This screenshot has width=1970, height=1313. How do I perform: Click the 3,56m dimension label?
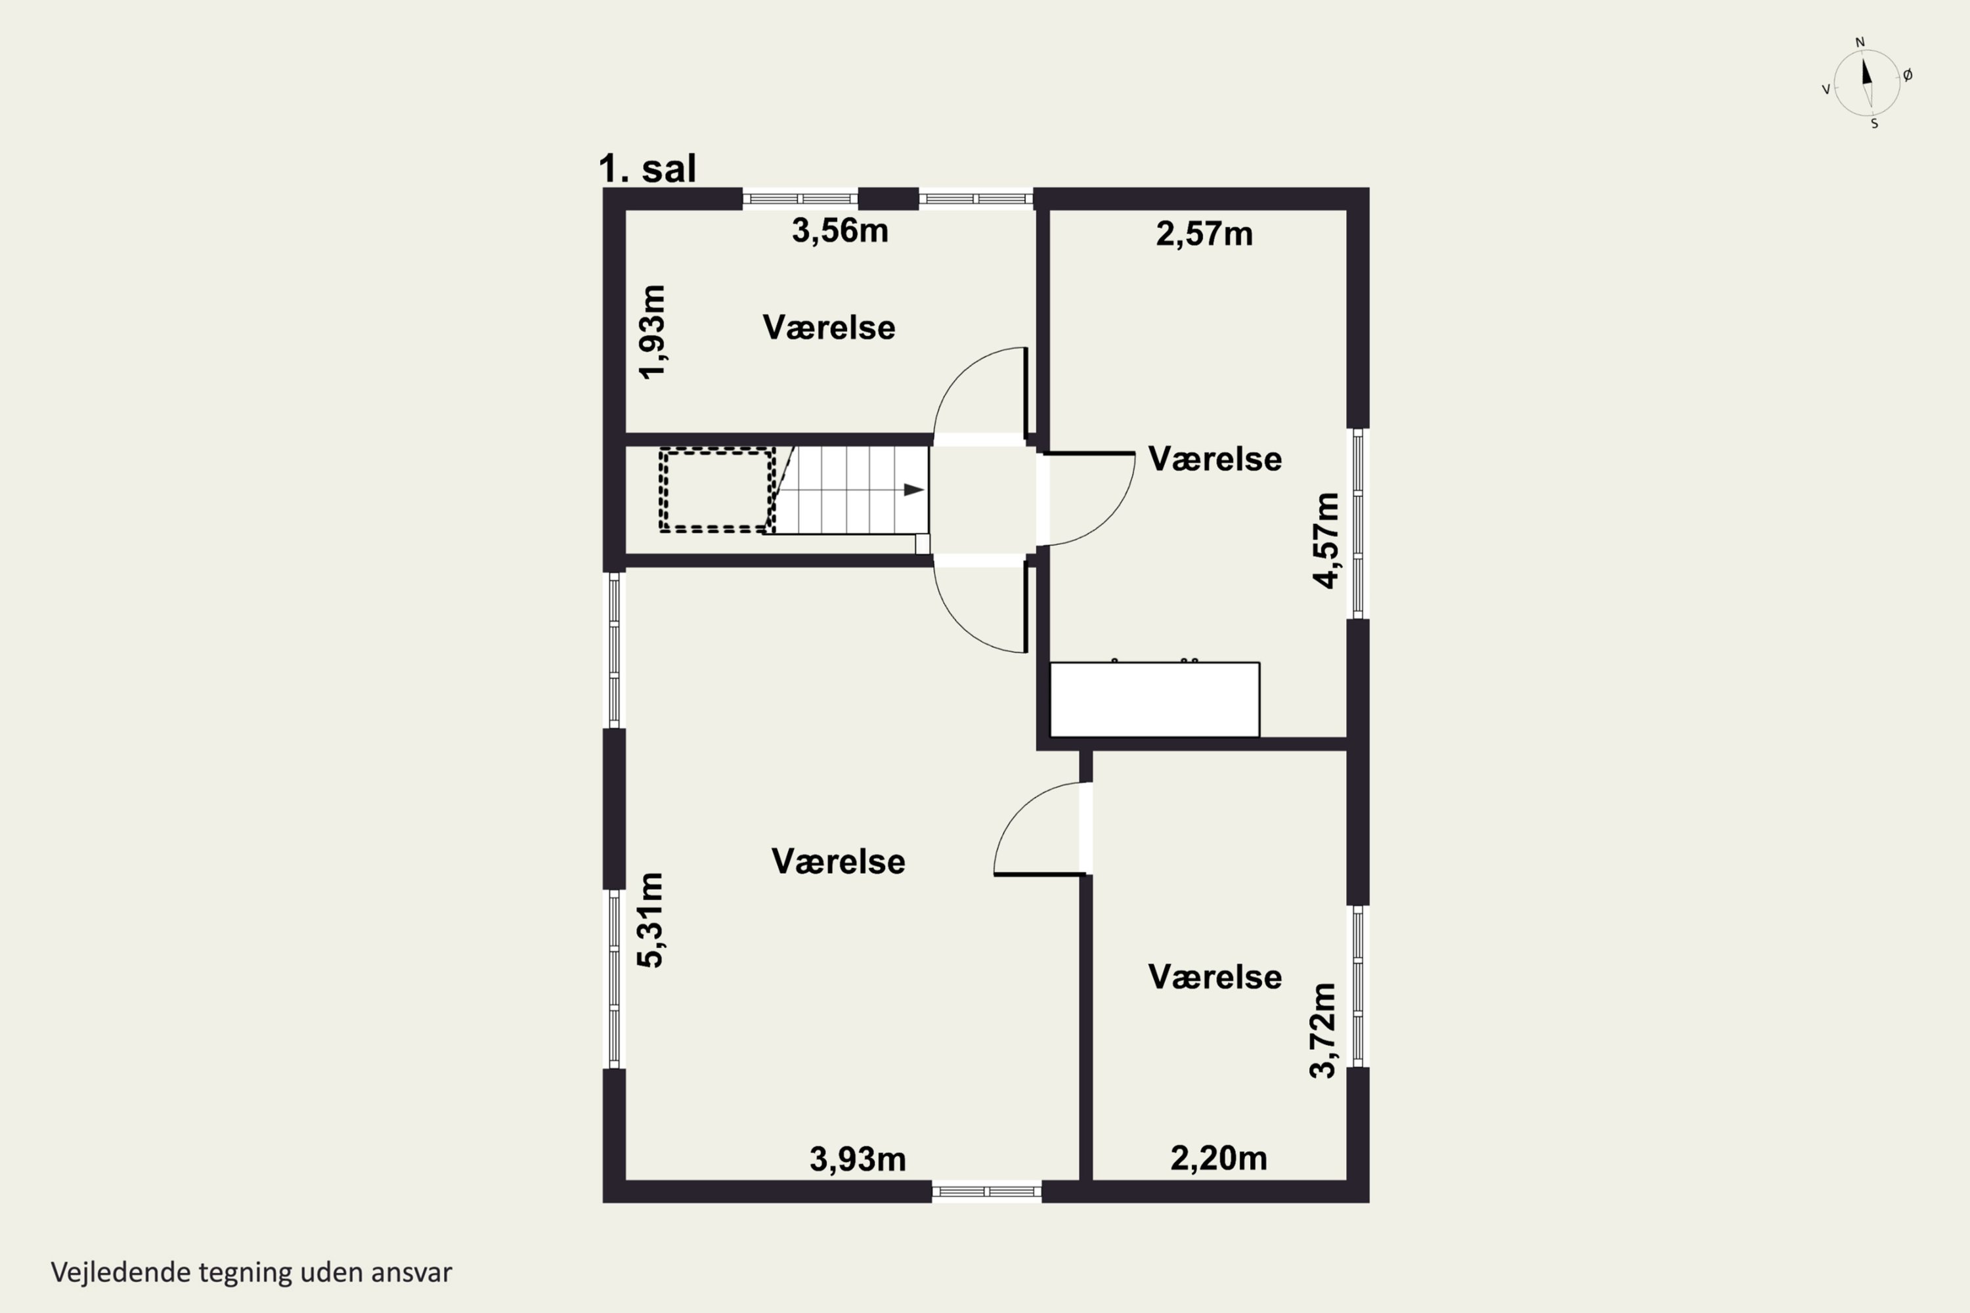coord(840,230)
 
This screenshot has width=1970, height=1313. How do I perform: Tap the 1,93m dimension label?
coord(653,332)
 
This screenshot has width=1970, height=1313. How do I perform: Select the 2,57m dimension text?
coord(1204,234)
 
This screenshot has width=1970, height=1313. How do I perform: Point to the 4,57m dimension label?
coord(1326,541)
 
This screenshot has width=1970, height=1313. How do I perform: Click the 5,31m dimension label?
coord(650,920)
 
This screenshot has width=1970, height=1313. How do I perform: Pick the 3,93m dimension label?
coord(858,1159)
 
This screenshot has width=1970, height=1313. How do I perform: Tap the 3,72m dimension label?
coord(1323,1030)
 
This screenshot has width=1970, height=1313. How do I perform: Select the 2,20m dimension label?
coord(1219,1158)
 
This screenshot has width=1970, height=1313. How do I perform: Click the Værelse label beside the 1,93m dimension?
coord(829,328)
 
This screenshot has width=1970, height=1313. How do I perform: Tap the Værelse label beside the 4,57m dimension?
coord(1214,459)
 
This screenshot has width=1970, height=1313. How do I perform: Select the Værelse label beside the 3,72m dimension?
coord(1214,978)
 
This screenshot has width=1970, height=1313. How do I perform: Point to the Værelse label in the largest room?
coord(839,861)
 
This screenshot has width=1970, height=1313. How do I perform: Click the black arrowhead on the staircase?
coord(914,490)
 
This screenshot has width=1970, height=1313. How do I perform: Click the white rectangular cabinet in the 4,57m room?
coord(1155,699)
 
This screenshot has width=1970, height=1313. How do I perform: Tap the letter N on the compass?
coord(1860,43)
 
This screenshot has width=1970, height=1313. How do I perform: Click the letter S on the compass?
coord(1875,124)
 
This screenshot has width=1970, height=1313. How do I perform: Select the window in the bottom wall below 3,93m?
coord(987,1192)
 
